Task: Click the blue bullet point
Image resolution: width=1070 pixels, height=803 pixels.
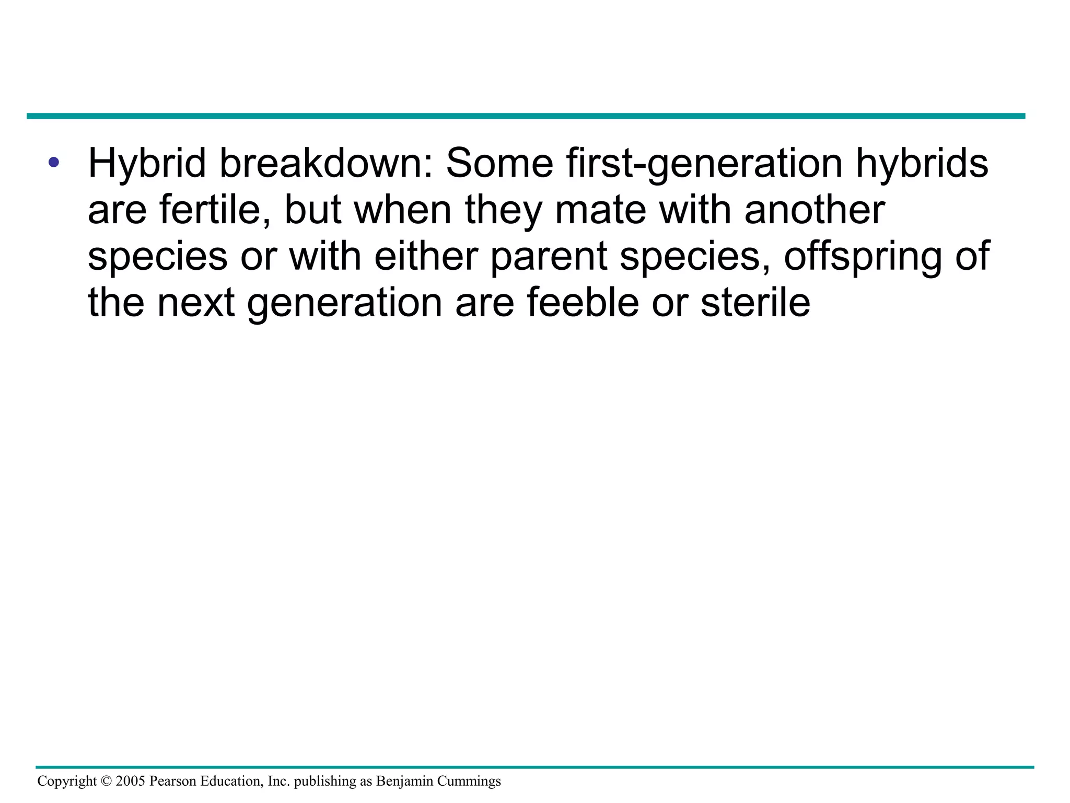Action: (53, 162)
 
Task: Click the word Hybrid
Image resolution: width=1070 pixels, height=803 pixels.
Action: (147, 164)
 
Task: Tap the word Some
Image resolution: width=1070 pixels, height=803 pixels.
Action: (499, 163)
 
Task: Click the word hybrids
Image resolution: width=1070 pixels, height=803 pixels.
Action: (922, 164)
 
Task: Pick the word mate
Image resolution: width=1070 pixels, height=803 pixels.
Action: (600, 210)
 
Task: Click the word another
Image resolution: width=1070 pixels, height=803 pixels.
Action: (815, 210)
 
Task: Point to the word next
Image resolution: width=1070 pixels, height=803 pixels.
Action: (196, 303)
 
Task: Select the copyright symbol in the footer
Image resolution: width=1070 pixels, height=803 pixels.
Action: (106, 781)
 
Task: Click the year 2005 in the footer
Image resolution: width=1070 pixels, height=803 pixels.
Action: (131, 781)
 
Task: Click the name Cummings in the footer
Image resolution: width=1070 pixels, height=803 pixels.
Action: (469, 782)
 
